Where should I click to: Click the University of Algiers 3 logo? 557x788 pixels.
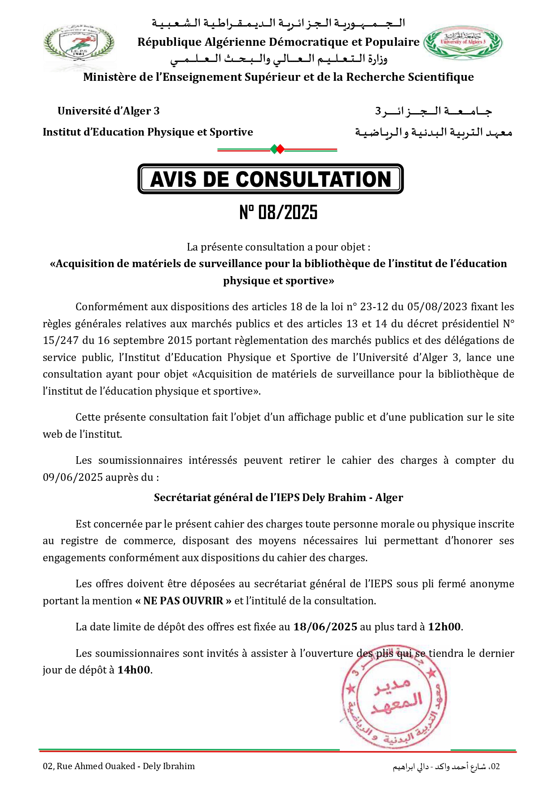pyautogui.click(x=463, y=43)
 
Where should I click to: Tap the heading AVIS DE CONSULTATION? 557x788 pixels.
pyautogui.click(x=270, y=179)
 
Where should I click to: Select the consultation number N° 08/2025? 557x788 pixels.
pyautogui.click(x=278, y=212)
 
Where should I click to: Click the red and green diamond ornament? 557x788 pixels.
pyautogui.click(x=277, y=149)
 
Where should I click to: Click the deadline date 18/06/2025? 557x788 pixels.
pyautogui.click(x=325, y=627)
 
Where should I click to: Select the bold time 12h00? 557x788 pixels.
pyautogui.click(x=444, y=627)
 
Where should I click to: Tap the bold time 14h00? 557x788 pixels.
pyautogui.click(x=134, y=670)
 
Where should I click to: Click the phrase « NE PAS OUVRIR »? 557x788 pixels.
pyautogui.click(x=183, y=601)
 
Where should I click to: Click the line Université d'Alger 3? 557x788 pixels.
pyautogui.click(x=108, y=111)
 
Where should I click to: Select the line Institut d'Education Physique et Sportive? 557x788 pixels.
pyautogui.click(x=148, y=132)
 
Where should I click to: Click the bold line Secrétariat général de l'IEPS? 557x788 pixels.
pyautogui.click(x=278, y=497)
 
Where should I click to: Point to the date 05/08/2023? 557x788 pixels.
pyautogui.click(x=431, y=307)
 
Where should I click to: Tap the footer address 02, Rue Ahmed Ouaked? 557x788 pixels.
pyautogui.click(x=118, y=766)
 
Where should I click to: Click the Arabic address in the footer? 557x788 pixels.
pyautogui.click(x=446, y=766)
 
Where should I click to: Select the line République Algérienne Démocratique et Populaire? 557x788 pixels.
pyautogui.click(x=278, y=42)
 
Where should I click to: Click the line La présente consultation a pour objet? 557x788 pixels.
pyautogui.click(x=278, y=247)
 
